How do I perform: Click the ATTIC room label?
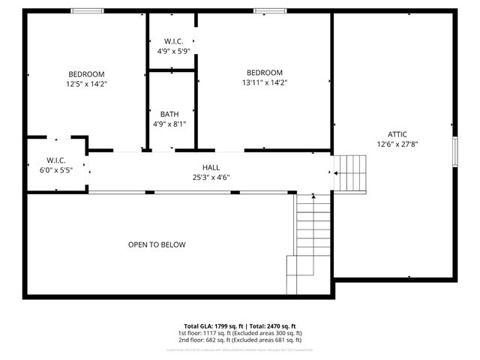[397, 134]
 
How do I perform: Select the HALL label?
[211, 167]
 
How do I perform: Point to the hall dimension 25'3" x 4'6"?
[211, 177]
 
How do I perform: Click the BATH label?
[169, 115]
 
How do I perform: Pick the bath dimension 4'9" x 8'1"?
[169, 124]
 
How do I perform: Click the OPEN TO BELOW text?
[157, 244]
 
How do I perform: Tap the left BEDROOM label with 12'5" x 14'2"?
[86, 73]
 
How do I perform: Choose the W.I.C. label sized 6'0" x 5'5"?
[56, 160]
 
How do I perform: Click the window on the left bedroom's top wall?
[87, 10]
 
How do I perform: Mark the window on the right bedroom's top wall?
[265, 10]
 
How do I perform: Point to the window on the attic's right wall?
[454, 150]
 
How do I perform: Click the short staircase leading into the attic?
[349, 173]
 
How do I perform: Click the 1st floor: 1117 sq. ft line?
[240, 333]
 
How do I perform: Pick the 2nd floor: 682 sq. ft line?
[240, 339]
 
